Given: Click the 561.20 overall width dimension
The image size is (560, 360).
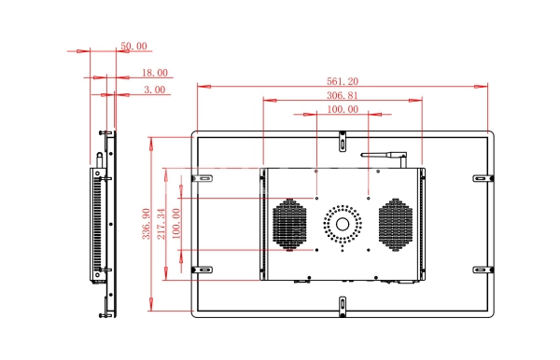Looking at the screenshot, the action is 343,81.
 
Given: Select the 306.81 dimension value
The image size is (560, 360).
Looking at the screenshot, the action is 343,96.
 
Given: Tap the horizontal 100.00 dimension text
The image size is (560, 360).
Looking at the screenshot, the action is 343,109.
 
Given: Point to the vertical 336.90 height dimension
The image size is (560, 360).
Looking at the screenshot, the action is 147,224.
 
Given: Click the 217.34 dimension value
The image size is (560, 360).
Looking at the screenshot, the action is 161,224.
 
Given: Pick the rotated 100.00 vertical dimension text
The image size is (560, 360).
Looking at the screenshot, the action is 176,224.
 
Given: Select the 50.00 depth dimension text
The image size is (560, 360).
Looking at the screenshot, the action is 133,46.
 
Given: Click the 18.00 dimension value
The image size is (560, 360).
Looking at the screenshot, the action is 155,73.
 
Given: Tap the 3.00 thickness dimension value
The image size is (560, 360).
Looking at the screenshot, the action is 155,90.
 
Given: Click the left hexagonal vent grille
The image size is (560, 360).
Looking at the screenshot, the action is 289,225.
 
